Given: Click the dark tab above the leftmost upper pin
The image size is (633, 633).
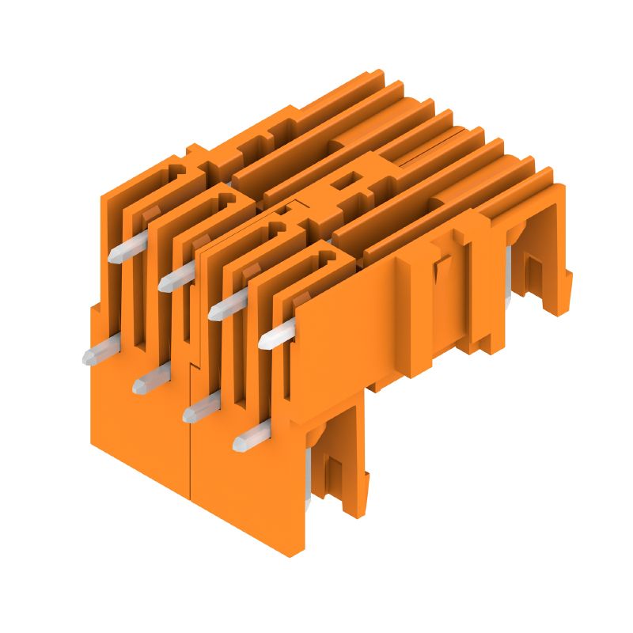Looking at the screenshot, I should (x=152, y=212).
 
